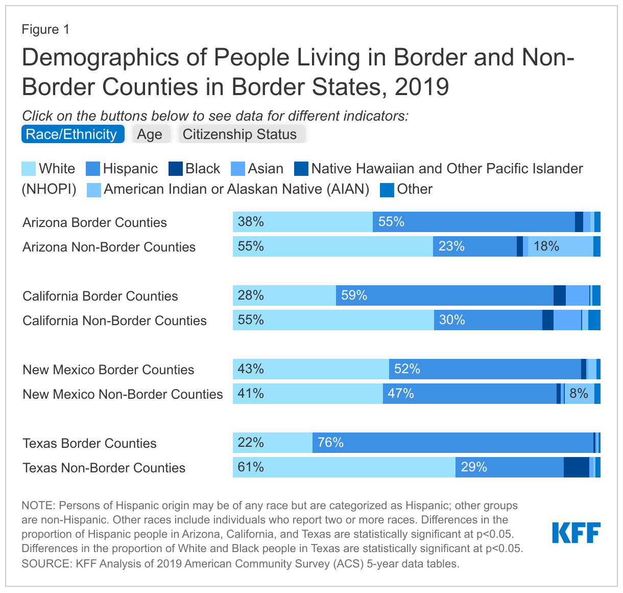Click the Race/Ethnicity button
72,134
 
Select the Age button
150,134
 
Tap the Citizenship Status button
240,134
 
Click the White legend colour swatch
29,169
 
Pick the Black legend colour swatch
175,169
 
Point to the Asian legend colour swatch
238,169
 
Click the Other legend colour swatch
387,190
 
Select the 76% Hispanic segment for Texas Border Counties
452,443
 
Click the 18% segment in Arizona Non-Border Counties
560,246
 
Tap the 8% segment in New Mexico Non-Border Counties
579,394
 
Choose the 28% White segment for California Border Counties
284,295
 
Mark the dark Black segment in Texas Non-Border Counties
576,467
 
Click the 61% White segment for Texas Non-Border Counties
344,467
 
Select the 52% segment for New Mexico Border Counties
485,369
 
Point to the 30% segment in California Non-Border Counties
488,320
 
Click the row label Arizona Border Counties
95,222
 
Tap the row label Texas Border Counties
90,443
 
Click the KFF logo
576,533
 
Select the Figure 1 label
45,29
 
